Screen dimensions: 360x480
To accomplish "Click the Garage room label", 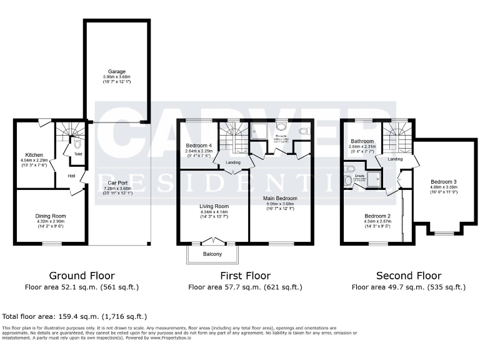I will [117, 71].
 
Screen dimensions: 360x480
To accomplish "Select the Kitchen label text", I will [34, 154].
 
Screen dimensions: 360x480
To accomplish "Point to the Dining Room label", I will [51, 216].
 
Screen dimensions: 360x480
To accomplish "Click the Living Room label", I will [214, 206].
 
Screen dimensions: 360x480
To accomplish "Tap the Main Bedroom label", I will [279, 198].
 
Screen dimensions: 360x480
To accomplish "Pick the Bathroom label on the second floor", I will [362, 141].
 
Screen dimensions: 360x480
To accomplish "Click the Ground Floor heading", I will [82, 276].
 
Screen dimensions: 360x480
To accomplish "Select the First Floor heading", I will [245, 276].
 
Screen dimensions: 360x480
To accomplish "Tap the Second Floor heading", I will [409, 276].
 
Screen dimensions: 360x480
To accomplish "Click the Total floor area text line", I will [75, 317].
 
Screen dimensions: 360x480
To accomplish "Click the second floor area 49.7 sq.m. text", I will [409, 287].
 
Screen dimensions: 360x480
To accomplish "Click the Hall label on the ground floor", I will [72, 176].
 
